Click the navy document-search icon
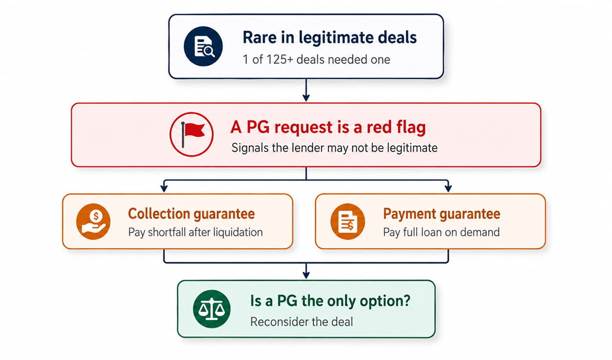tap(203, 46)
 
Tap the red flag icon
tap(191, 134)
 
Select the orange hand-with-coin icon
tap(93, 221)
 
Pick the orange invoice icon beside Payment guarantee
tap(348, 221)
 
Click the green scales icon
tap(211, 309)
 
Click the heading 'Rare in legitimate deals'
tap(329, 37)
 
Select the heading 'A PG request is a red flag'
tap(328, 127)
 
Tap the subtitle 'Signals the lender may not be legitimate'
tap(334, 148)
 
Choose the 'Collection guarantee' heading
tap(191, 214)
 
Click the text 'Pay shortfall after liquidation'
tap(196, 232)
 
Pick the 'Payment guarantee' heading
tap(441, 214)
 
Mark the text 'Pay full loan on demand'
tap(441, 232)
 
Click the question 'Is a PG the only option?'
tap(330, 301)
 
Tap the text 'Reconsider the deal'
tap(302, 322)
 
